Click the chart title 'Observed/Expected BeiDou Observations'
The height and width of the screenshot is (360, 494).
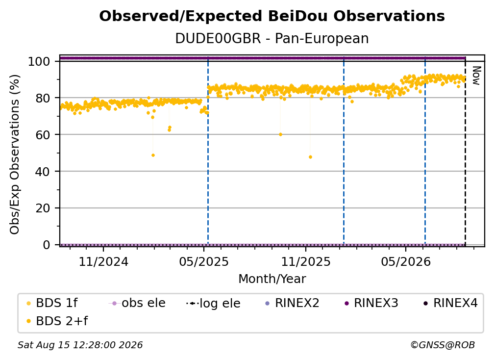pos(272,16)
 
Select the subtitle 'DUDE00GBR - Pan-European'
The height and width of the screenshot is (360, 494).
pos(272,39)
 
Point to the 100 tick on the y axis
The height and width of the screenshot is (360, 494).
pos(39,61)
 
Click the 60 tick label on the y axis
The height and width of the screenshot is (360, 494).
pos(43,135)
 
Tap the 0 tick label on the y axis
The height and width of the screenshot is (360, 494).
pos(47,245)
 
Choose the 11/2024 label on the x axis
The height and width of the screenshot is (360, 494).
pos(103,262)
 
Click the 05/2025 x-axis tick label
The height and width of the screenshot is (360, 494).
pos(204,262)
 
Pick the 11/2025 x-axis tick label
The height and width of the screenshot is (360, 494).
pos(306,262)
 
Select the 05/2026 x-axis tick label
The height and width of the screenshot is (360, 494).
pos(406,262)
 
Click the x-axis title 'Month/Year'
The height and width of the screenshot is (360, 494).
pos(272,279)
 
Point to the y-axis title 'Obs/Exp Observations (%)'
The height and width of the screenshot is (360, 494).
pos(15,154)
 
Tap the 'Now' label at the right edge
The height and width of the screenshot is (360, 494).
pos(476,76)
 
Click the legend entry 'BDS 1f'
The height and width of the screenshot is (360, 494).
pos(52,303)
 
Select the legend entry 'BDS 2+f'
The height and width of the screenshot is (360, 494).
pos(57,321)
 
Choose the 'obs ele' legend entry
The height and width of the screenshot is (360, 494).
pos(137,303)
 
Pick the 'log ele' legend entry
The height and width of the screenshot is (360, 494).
pos(213,304)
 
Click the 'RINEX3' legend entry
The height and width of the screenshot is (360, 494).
pos(371,303)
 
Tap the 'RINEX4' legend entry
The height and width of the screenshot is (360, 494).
pos(451,303)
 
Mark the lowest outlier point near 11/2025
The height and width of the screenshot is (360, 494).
pos(310,157)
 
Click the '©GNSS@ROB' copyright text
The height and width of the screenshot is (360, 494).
pos(443,345)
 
